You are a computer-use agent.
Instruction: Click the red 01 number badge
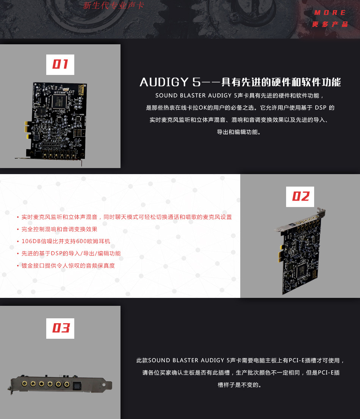pos(60,64)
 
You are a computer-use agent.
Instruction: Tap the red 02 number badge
pos(300,196)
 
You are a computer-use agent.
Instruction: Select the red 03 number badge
pos(60,328)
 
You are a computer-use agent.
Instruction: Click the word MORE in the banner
pos(330,13)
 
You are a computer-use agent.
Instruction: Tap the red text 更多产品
pos(330,24)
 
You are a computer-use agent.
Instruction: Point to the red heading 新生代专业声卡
pos(114,6)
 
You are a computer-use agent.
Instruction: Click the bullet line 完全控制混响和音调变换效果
pos(59,229)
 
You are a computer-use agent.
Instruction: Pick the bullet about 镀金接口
pos(68,265)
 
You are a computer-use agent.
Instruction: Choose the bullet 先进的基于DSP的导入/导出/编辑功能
pos(71,253)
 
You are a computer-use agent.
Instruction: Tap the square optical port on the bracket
pos(77,384)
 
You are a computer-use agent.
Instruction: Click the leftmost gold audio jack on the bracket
pos(24,384)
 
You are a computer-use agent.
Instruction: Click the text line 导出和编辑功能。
pos(239,132)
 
